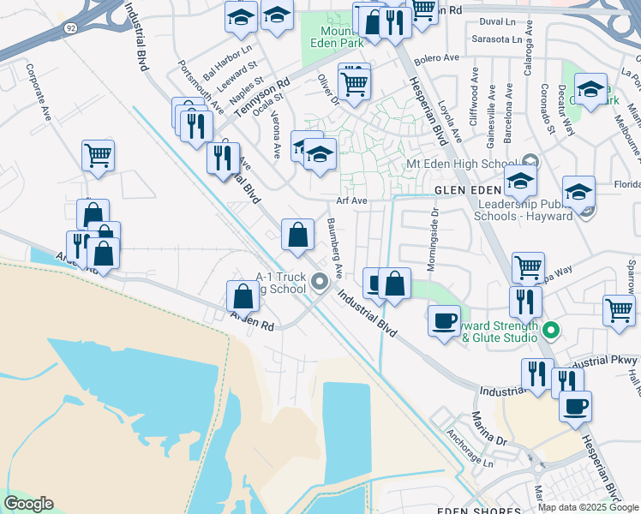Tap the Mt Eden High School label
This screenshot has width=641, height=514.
pos(460,164)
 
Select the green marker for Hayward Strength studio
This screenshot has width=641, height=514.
pos(551,330)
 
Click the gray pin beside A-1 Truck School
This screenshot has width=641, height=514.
pos(320,281)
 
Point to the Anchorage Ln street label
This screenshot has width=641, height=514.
pos(470,447)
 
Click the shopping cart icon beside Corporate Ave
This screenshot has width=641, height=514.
pos(99,156)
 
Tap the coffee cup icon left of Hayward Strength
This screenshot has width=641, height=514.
pos(443,321)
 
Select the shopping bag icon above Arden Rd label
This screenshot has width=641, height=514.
pos(243,296)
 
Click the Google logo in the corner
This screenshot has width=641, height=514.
pos(29,504)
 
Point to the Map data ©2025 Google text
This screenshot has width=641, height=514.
pos(587,507)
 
